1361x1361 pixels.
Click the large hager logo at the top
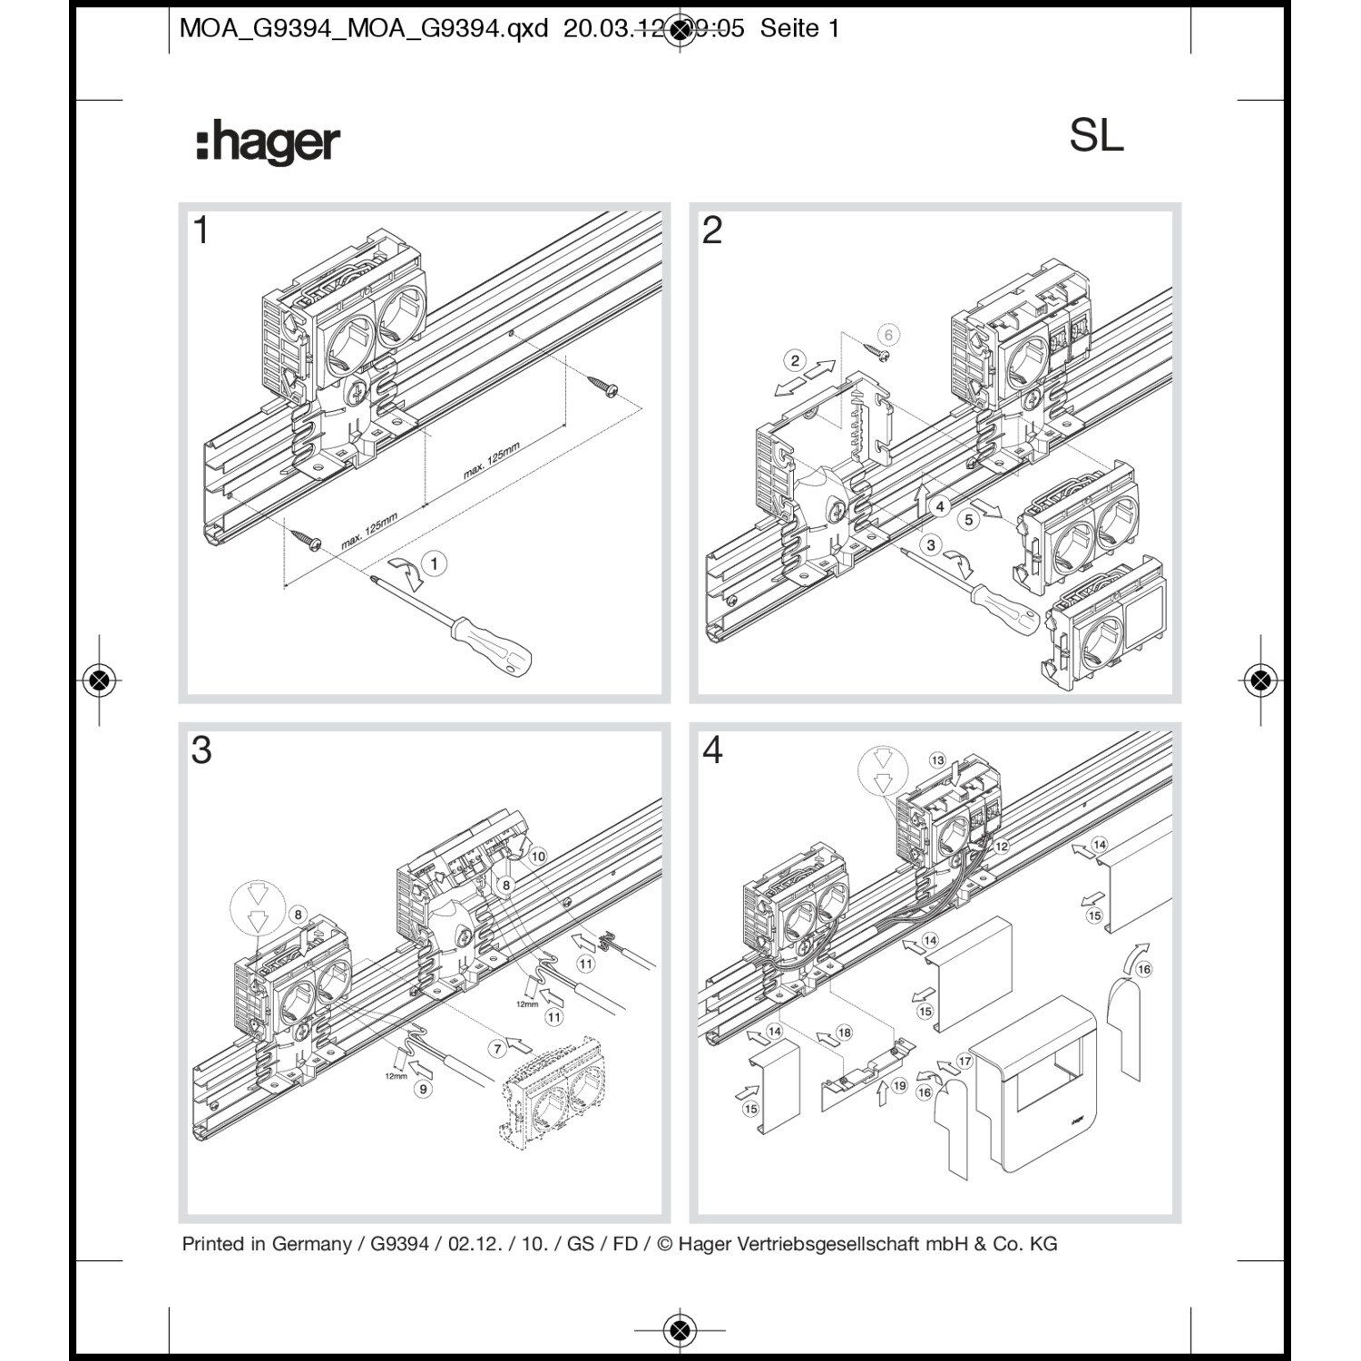coord(269,143)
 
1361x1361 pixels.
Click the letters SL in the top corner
coord(1096,136)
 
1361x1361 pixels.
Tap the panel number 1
coord(201,230)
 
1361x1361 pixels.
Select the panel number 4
coord(712,750)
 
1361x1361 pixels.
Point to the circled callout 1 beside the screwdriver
coord(434,563)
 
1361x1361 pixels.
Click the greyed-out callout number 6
coord(888,335)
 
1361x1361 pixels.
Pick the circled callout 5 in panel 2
coord(969,519)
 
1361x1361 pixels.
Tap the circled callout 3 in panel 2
coord(930,544)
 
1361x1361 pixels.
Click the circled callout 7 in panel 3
coord(497,1049)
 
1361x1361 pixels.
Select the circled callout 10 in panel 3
coord(538,856)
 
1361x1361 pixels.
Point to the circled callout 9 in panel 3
coord(423,1089)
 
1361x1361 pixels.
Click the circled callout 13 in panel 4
coord(937,759)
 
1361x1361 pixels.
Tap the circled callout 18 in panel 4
coord(845,1033)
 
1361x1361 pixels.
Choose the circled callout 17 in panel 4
coord(964,1061)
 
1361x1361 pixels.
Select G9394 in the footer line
coord(399,1244)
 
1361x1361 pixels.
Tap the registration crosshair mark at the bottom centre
coord(680,1330)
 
